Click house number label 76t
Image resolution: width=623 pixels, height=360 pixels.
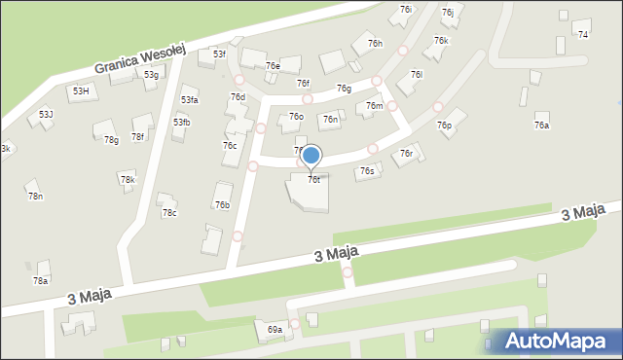(x=313, y=179)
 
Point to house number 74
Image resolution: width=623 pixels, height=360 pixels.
(x=583, y=35)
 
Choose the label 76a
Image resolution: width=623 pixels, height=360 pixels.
(x=541, y=126)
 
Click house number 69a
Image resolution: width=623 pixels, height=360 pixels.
(x=275, y=330)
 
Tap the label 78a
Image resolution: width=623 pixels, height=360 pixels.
(x=40, y=280)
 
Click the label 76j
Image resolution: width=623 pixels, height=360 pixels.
(x=447, y=13)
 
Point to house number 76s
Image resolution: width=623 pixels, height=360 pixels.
(x=366, y=171)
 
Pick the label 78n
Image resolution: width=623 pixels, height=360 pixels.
(x=35, y=197)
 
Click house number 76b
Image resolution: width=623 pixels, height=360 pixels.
(x=222, y=204)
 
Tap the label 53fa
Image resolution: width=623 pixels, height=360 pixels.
(x=189, y=100)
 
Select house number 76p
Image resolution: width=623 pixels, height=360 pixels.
(x=444, y=126)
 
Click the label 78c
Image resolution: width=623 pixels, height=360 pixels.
(x=169, y=213)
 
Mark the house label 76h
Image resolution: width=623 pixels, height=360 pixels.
(x=375, y=45)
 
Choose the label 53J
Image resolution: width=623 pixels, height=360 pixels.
(x=46, y=115)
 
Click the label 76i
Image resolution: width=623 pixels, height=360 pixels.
(x=406, y=9)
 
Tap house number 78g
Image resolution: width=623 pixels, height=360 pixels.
(x=111, y=140)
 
